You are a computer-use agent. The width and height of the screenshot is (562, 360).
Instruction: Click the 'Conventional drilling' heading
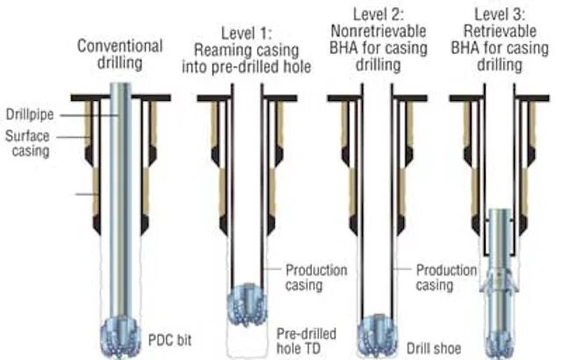coord(119,54)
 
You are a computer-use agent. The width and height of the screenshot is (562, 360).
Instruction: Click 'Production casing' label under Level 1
coord(315,277)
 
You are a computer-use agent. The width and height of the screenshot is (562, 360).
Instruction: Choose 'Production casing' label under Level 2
coord(446,277)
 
